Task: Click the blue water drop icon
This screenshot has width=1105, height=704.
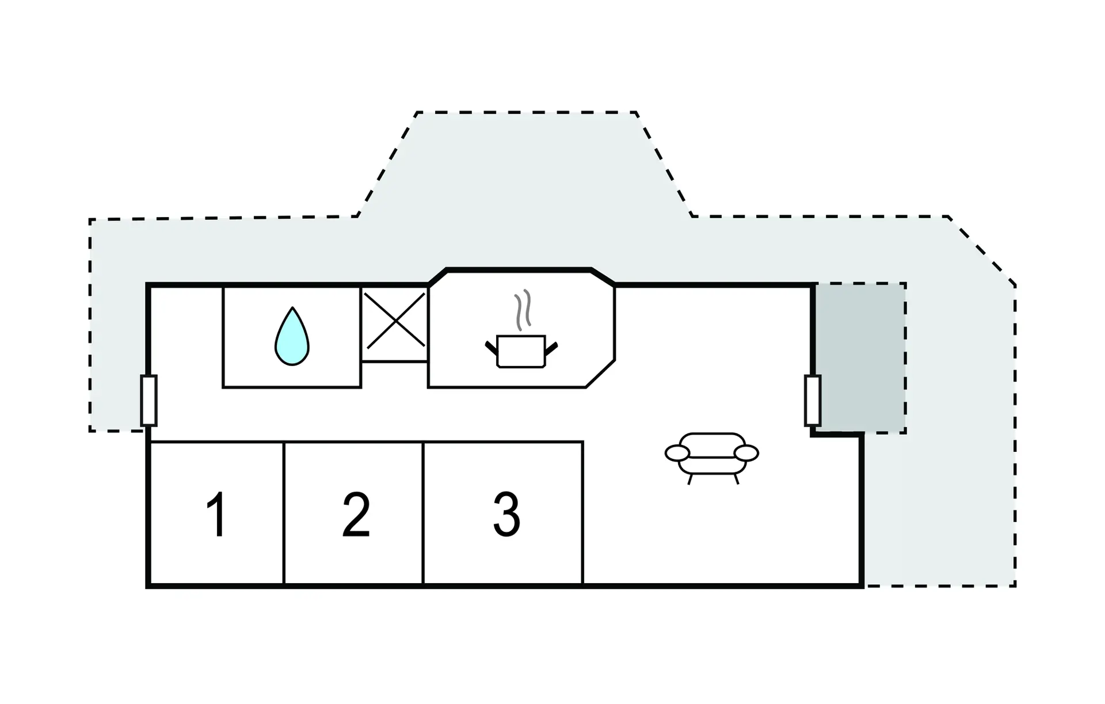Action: (x=292, y=336)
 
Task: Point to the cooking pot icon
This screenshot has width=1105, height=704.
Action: (x=521, y=351)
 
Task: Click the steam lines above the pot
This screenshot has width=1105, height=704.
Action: (x=523, y=310)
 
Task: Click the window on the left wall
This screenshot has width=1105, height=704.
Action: (x=149, y=400)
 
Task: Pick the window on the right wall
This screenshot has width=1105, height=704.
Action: (x=813, y=400)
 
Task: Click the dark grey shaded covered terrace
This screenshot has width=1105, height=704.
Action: (x=860, y=357)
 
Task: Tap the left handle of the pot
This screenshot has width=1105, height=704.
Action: (x=491, y=348)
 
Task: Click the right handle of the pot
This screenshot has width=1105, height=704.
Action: (x=551, y=348)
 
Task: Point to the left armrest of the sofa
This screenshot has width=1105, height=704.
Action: (x=677, y=453)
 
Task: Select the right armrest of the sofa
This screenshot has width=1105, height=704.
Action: (x=746, y=453)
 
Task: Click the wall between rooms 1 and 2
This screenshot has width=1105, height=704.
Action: (x=284, y=513)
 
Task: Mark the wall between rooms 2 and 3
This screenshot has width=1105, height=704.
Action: (x=423, y=513)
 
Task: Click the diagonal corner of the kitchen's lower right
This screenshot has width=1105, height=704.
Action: (x=600, y=374)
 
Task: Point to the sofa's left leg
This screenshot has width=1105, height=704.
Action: (x=690, y=479)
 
